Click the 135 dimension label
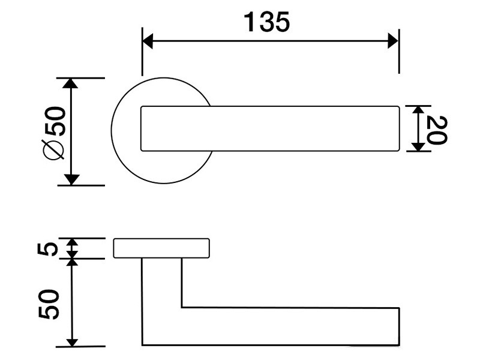266,22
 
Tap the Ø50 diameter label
55,133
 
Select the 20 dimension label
437,130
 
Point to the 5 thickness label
48,248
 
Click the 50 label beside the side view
49,304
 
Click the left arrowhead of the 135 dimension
148,41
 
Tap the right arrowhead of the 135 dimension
393,41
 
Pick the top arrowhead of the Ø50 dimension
70,83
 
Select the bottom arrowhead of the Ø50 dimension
71,179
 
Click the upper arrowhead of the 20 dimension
418,110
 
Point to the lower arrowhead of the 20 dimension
418,147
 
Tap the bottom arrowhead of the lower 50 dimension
72,342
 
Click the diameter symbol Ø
54,149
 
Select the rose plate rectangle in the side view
161,248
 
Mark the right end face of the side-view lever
399,326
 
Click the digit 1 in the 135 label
250,22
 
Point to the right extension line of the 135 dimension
399,52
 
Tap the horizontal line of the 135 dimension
271,41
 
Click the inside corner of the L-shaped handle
182,307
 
